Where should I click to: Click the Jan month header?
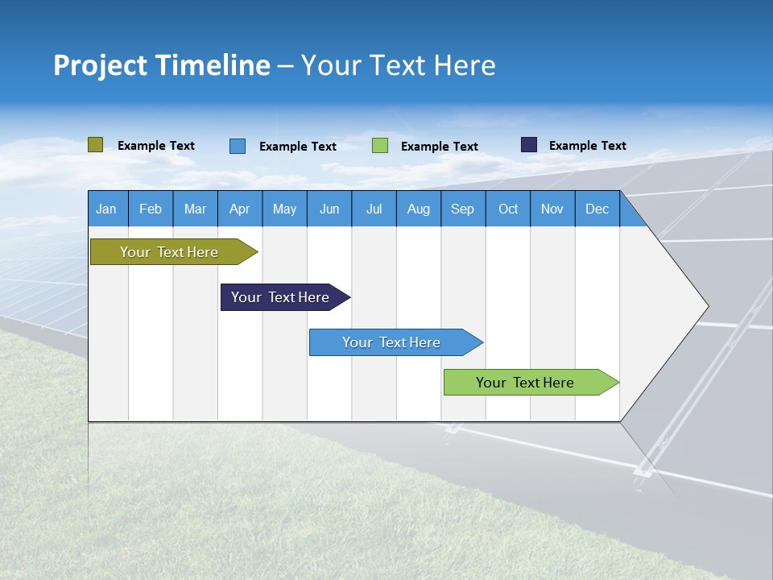(x=106, y=209)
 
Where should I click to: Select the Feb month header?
(x=151, y=209)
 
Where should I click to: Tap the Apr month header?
(x=239, y=209)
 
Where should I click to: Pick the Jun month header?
(x=329, y=209)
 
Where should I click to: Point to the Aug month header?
(x=418, y=209)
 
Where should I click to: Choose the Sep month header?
(x=462, y=209)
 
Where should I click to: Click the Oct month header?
(x=508, y=209)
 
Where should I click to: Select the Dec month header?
(x=597, y=209)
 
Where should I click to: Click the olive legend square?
(x=95, y=145)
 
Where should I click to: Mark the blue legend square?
(x=238, y=146)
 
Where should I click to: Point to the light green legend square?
(x=380, y=146)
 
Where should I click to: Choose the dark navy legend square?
(x=529, y=145)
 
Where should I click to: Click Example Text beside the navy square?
(x=587, y=146)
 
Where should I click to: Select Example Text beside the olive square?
(x=156, y=146)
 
